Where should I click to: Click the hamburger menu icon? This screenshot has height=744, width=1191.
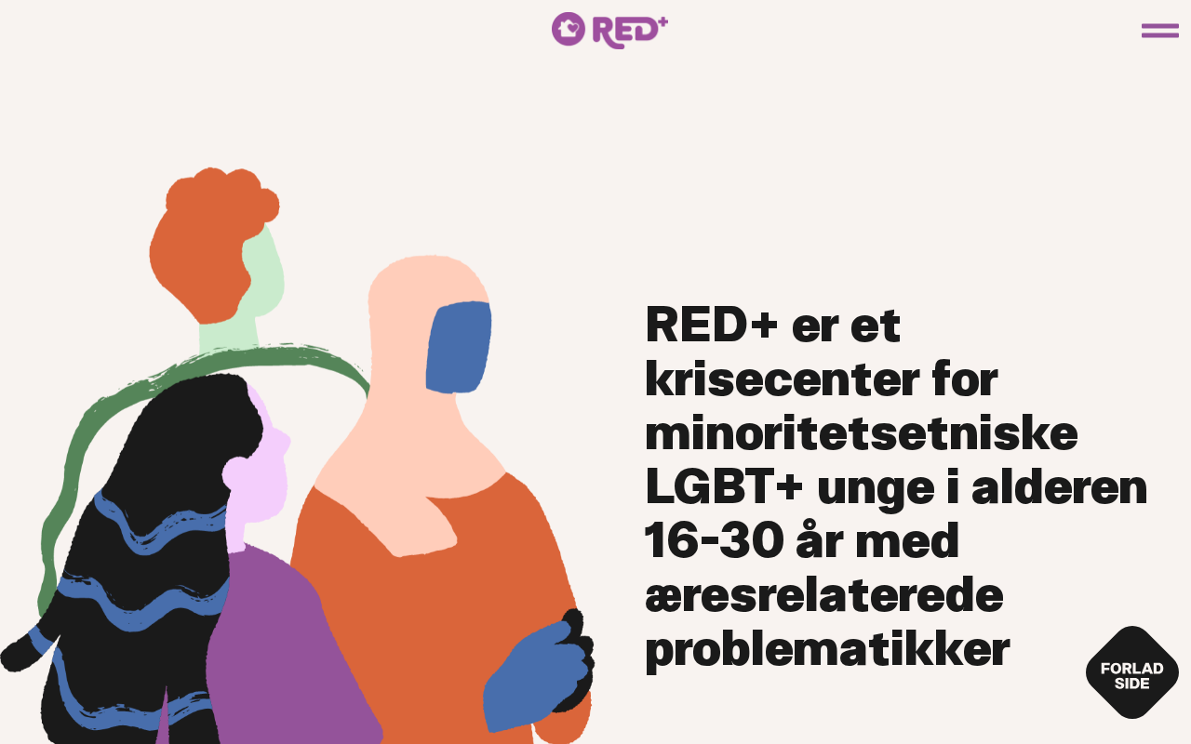click(x=1159, y=31)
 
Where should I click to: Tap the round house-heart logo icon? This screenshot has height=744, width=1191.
click(x=568, y=29)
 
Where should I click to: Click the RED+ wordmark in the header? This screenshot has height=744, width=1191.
click(x=630, y=32)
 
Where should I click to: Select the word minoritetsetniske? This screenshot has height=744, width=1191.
click(x=862, y=433)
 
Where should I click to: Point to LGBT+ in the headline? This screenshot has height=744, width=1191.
click(x=724, y=486)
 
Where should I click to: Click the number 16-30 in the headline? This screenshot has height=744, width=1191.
click(x=714, y=540)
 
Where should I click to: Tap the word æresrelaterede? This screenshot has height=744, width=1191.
click(x=824, y=594)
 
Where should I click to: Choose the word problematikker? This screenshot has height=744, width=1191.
click(x=827, y=650)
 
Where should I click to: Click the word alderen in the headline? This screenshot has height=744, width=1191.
click(x=1059, y=486)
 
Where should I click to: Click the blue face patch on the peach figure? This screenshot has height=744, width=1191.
click(x=459, y=348)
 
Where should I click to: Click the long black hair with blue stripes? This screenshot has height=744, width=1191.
click(x=143, y=558)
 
